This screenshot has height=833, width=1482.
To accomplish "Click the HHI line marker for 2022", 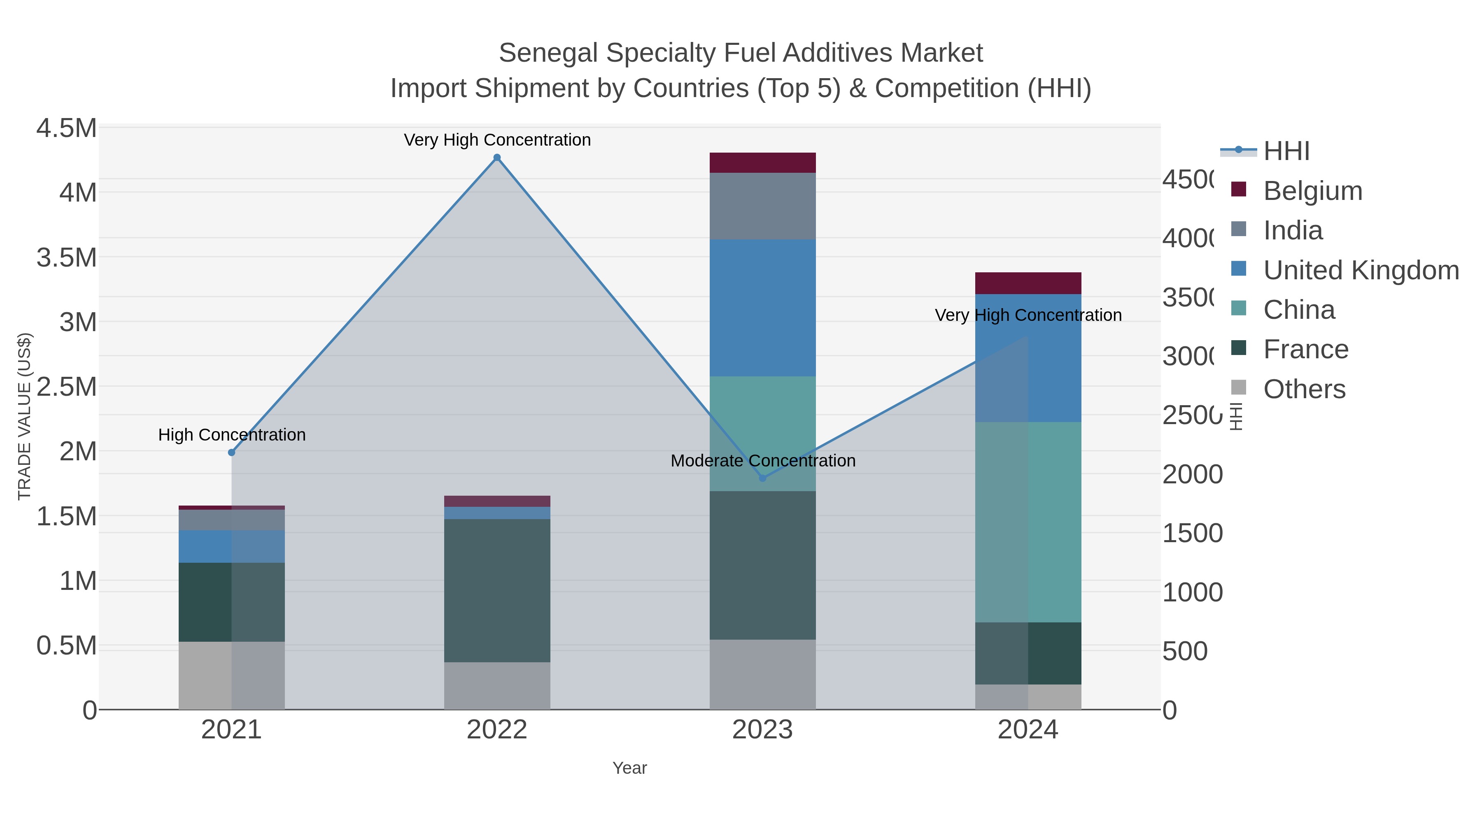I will (x=497, y=158).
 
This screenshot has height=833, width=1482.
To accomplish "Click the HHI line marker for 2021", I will (x=232, y=452).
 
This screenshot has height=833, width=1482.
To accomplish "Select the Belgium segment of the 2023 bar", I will (x=763, y=162).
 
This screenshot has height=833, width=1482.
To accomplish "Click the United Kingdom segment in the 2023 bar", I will (x=763, y=308).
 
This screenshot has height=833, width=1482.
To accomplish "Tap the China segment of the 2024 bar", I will (x=1028, y=522).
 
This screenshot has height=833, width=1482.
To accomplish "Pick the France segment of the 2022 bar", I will (x=497, y=590).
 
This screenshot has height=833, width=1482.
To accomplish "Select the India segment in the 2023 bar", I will (x=763, y=206).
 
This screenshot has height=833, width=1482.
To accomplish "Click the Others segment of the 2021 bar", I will (x=232, y=675).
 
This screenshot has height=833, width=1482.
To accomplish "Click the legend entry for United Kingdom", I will (x=1361, y=270).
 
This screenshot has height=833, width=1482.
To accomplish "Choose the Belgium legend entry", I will (x=1312, y=191).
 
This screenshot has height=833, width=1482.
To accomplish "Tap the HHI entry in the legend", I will (x=1286, y=151).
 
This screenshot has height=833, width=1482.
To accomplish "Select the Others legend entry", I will (x=1304, y=389).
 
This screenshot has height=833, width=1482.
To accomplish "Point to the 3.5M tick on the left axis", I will (x=67, y=258).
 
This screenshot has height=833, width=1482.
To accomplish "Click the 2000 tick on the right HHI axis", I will (x=1192, y=475).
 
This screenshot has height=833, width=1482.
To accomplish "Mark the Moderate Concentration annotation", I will (x=763, y=461).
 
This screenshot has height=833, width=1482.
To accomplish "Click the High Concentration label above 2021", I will (x=232, y=435).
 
